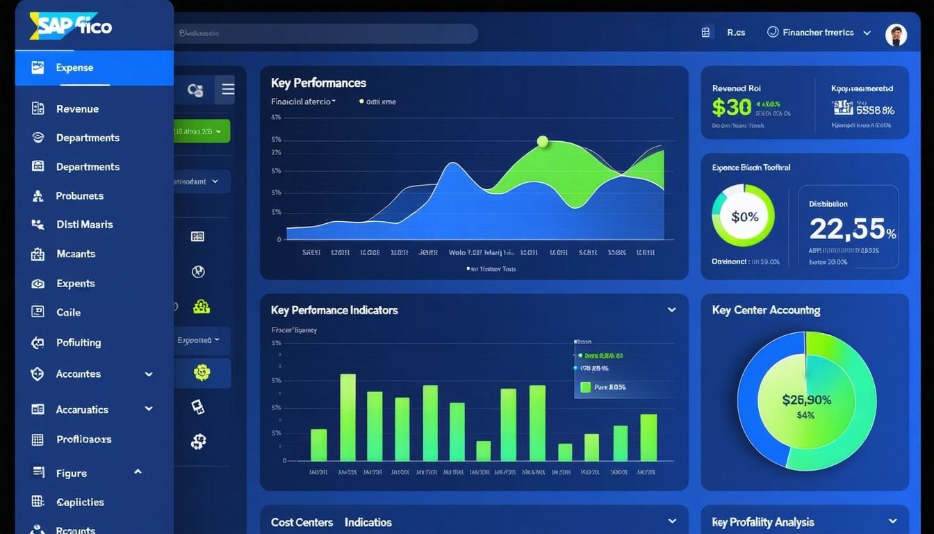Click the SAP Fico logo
click(71, 26)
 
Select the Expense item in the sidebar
click(74, 67)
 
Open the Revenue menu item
click(77, 108)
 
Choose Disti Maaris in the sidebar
click(84, 225)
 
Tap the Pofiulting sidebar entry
click(79, 342)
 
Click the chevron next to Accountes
click(149, 374)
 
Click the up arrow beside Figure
click(138, 472)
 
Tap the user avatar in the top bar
click(896, 35)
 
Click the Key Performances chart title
click(318, 83)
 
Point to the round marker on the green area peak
click(543, 142)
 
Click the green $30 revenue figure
click(731, 107)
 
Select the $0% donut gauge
click(743, 216)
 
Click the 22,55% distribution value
click(852, 229)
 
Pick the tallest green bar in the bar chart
click(347, 417)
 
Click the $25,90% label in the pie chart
click(806, 400)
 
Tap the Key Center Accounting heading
click(766, 310)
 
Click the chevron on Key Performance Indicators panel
click(671, 310)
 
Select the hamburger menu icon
click(228, 90)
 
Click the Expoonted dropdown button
click(199, 341)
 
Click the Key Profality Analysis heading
click(762, 522)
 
